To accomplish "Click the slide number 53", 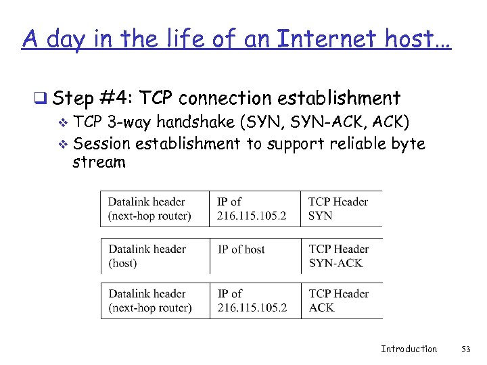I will [x=465, y=349].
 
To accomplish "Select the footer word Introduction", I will [x=409, y=349].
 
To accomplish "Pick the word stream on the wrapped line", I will [x=99, y=162].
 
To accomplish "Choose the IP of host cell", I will [x=241, y=249].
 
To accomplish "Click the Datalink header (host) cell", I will [x=147, y=255].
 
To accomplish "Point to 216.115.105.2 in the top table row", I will [x=252, y=216].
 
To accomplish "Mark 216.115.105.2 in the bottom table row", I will [x=252, y=308].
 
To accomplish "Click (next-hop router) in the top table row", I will [x=149, y=216].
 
